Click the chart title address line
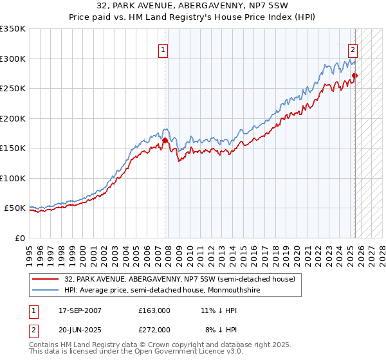(x=192, y=6)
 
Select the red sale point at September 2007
(x=165, y=140)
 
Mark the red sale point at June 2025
(x=354, y=76)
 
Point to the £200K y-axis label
(x=13, y=118)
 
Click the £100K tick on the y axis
(x=13, y=178)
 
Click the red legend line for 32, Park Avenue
(x=46, y=279)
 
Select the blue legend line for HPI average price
(x=46, y=290)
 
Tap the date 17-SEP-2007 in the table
(x=79, y=310)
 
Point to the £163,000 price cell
(x=154, y=310)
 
